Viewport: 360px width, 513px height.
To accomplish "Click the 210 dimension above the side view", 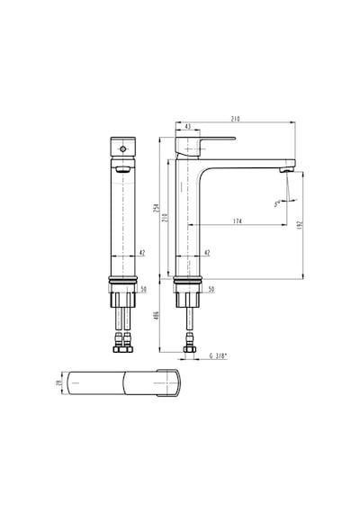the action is pos(235,119).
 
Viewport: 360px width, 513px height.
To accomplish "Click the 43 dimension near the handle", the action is pos(188,126).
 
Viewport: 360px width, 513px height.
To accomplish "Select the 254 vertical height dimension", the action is pos(157,208).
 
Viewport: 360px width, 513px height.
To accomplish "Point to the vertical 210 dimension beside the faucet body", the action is pos(165,218).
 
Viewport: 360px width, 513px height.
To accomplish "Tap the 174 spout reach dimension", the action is pos(238,221).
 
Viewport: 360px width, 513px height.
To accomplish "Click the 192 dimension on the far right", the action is pos(301,224).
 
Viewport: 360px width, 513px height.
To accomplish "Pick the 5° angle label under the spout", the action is pos(277,203).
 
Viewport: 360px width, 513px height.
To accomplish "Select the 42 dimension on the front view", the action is pos(141,253).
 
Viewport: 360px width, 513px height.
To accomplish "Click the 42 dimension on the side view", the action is pos(207,253).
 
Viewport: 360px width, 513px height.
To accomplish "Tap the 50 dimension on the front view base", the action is pos(144,289).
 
